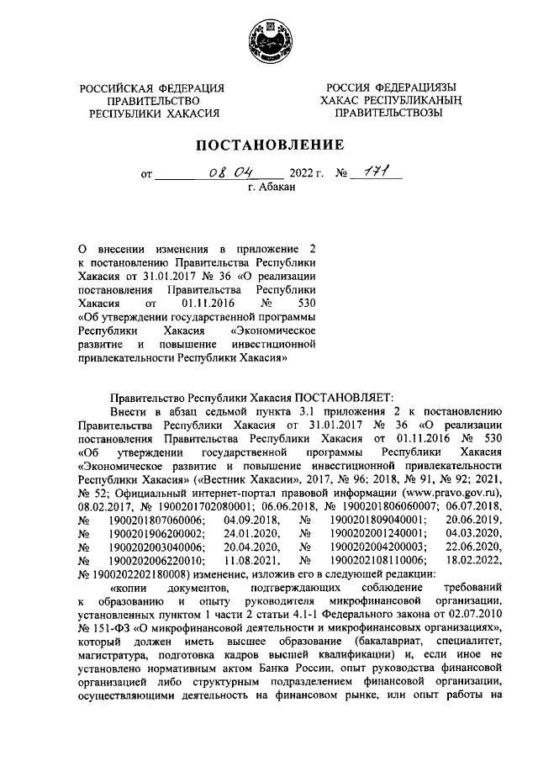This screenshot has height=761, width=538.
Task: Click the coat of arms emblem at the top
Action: [x=268, y=41]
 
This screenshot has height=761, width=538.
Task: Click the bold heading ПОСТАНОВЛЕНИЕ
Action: [x=268, y=144]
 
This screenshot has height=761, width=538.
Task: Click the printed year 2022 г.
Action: [x=306, y=176]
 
